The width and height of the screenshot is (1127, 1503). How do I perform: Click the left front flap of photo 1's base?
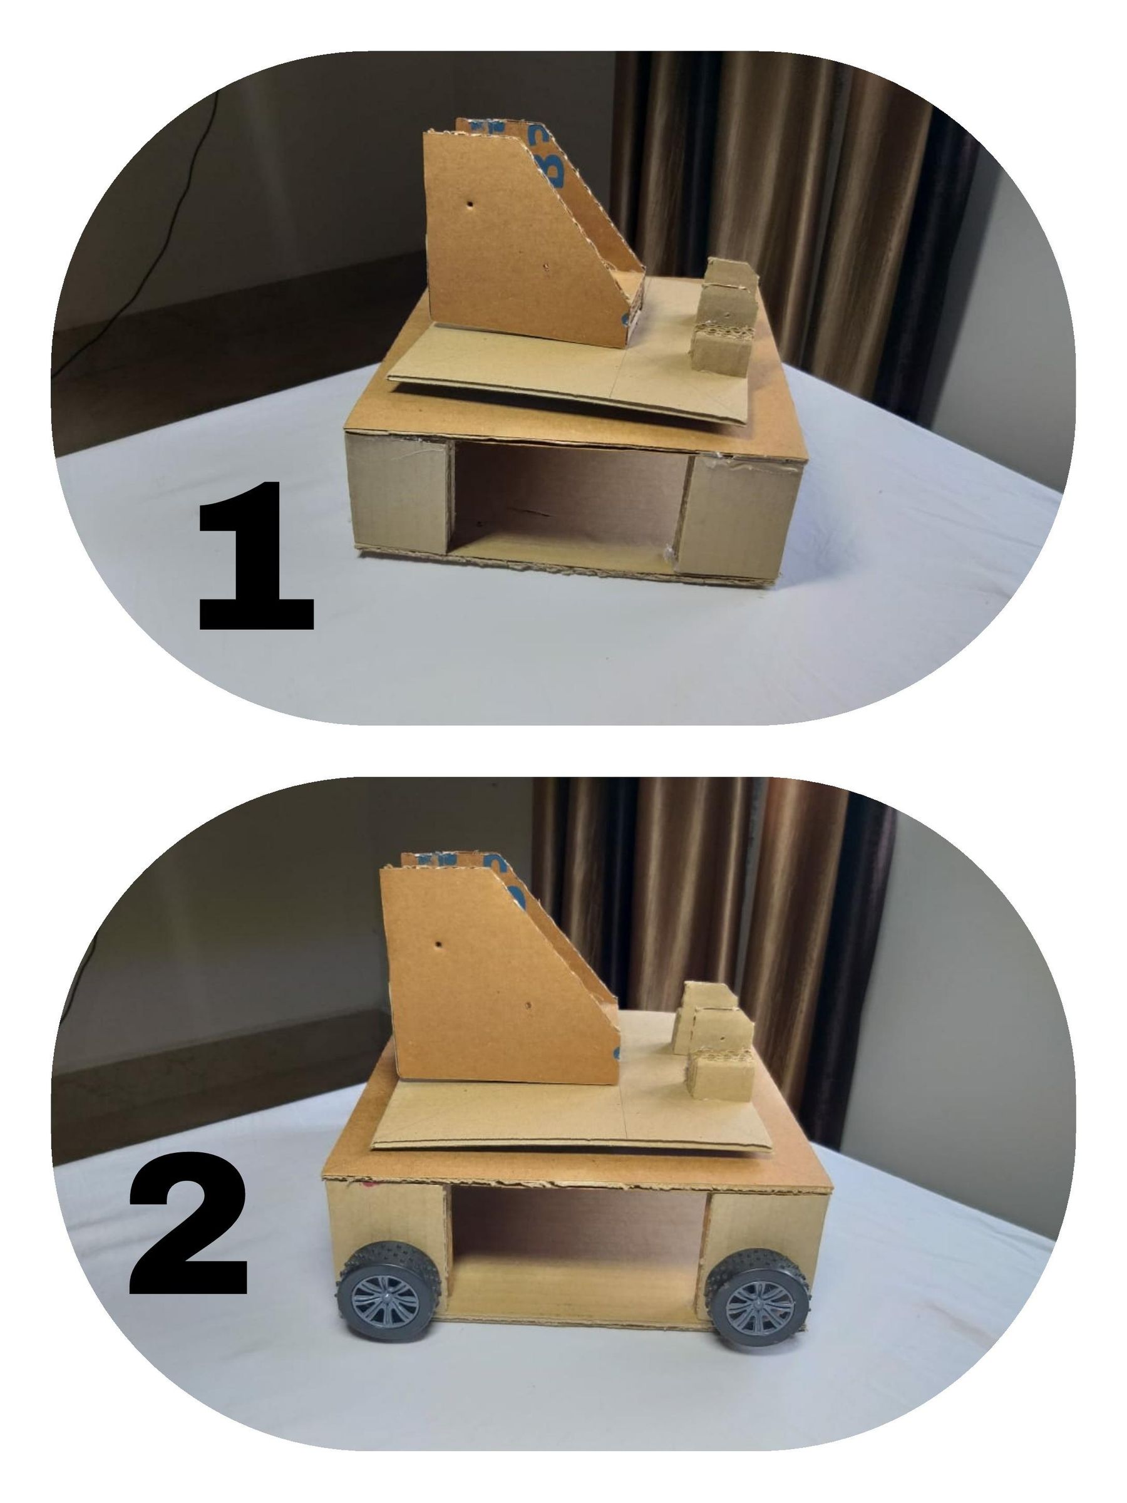pyautogui.click(x=398, y=493)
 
